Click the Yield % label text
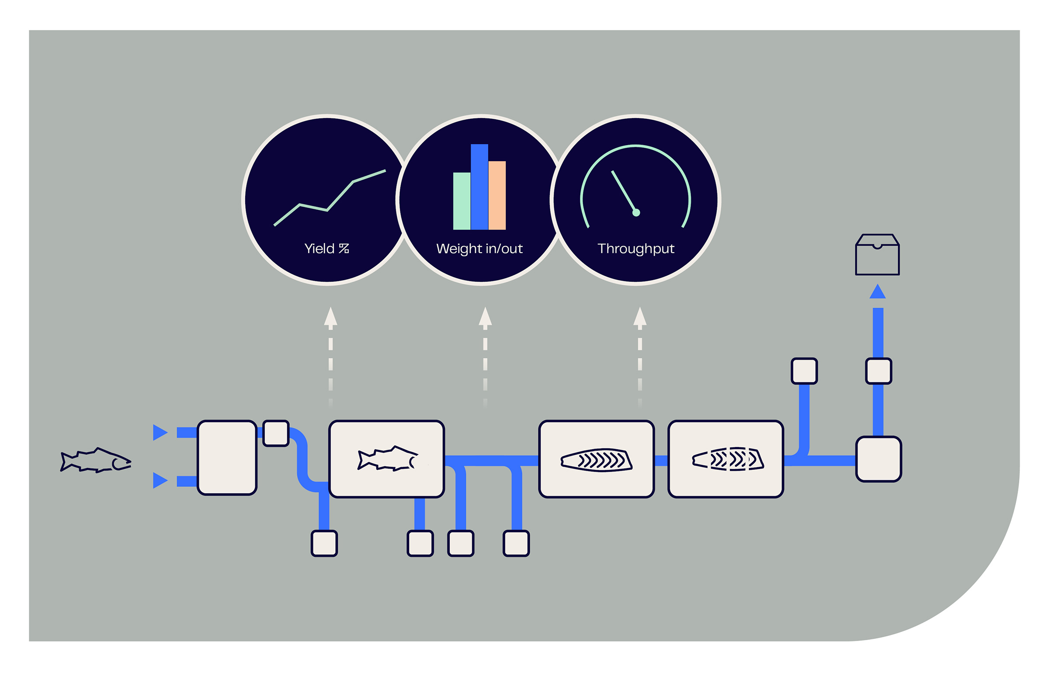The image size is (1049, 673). [x=327, y=249]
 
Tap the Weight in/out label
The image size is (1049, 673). [x=479, y=249]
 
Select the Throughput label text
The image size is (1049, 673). [x=636, y=249]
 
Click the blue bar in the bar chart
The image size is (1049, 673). [x=479, y=187]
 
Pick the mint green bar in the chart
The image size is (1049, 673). [x=462, y=201]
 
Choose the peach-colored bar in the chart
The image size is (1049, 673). [x=497, y=195]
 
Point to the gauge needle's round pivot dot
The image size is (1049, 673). [x=636, y=213]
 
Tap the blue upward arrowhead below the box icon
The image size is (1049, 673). [x=878, y=292]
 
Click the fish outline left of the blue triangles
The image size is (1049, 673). [x=96, y=460]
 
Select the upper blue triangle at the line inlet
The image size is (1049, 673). [x=160, y=432]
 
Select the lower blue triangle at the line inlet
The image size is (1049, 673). [x=160, y=480]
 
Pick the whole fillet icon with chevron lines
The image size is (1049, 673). [x=597, y=460]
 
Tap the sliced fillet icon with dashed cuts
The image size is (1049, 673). [x=728, y=459]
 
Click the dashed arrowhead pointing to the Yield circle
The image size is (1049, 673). [x=330, y=316]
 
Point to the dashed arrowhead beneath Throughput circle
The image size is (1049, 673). [x=640, y=316]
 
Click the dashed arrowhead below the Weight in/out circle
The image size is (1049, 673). [x=485, y=316]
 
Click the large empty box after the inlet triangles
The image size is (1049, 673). [x=227, y=458]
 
